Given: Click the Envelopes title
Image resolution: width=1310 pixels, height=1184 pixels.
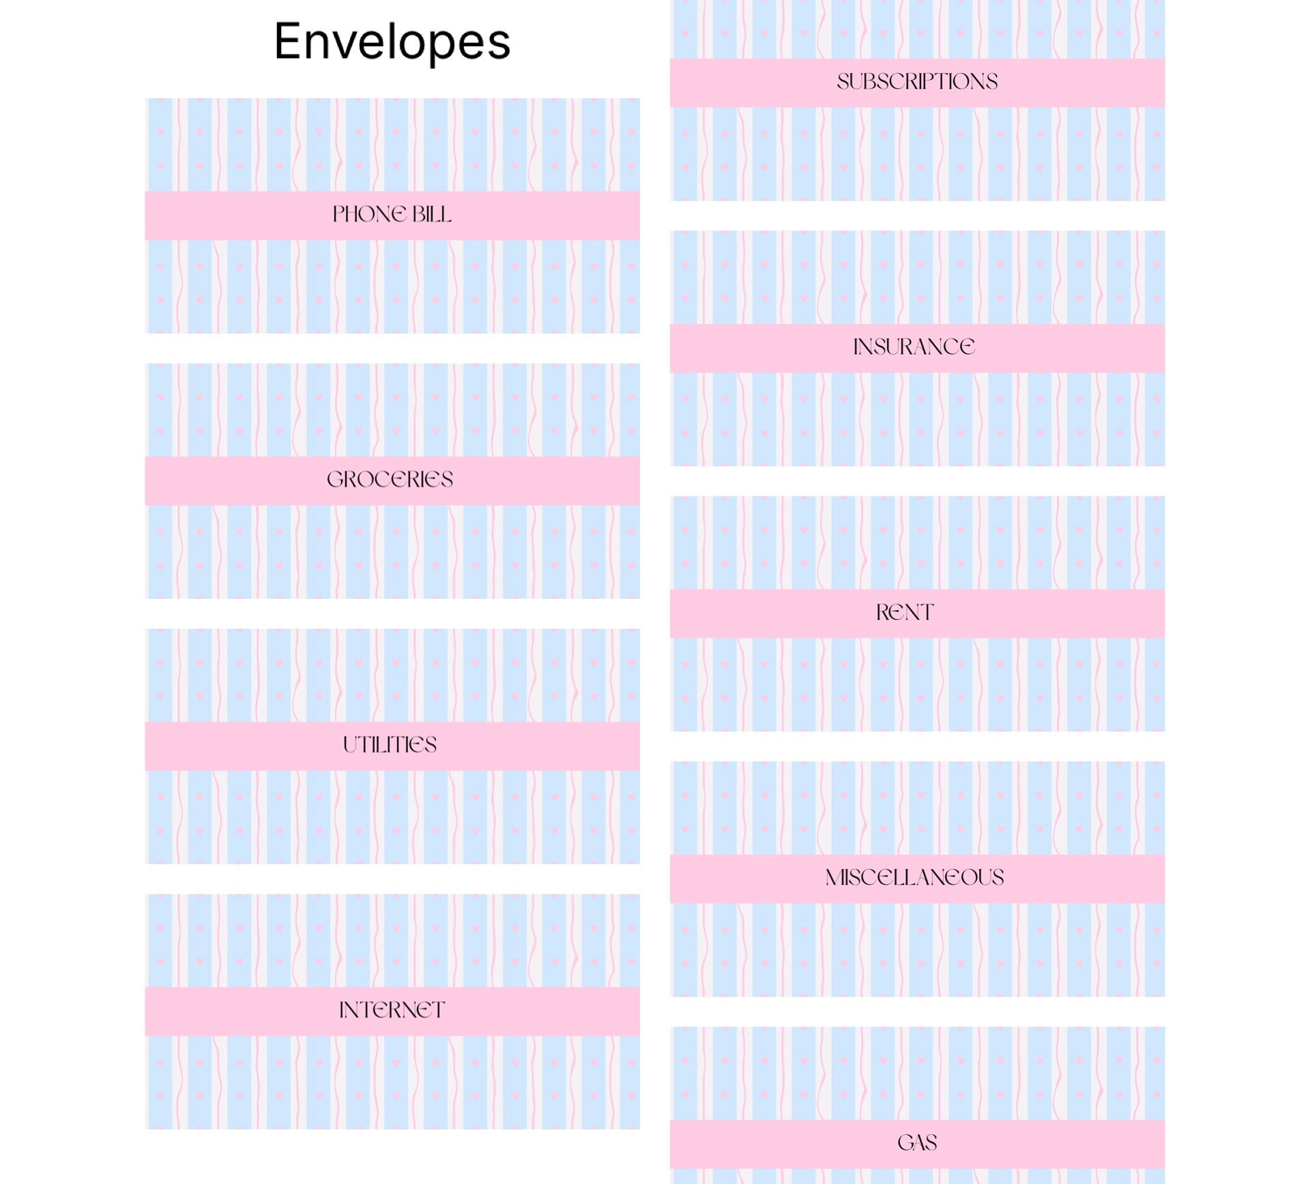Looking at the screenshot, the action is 392,42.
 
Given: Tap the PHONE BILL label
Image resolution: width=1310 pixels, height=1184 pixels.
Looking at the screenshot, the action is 392,214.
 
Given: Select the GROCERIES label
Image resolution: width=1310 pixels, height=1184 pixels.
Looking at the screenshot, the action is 390,479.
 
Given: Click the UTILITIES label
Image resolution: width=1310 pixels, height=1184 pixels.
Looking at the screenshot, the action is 390,745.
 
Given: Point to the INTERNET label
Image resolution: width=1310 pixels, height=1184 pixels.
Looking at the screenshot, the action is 392,1010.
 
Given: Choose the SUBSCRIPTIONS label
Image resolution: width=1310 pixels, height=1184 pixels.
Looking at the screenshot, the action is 917,82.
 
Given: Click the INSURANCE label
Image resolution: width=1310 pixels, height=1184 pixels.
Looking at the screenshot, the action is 914,347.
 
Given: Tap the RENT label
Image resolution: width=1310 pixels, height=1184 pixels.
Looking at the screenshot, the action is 905,612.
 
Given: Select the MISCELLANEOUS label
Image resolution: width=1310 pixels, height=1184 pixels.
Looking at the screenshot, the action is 914,877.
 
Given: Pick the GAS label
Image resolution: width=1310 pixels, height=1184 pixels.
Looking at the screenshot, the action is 917,1142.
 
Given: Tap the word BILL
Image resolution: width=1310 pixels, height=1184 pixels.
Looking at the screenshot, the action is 432,214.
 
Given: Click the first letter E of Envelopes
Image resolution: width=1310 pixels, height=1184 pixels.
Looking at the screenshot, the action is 289,42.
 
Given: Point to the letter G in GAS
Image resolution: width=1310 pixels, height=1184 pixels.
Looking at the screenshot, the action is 905,1142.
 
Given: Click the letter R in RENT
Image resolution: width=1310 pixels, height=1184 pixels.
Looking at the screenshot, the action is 884,612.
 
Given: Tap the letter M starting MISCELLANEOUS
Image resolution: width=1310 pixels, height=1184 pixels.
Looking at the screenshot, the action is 836,877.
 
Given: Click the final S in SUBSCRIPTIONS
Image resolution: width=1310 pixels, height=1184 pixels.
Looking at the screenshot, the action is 991,82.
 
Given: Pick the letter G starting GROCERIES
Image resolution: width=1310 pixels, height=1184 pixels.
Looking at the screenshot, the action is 336,479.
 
